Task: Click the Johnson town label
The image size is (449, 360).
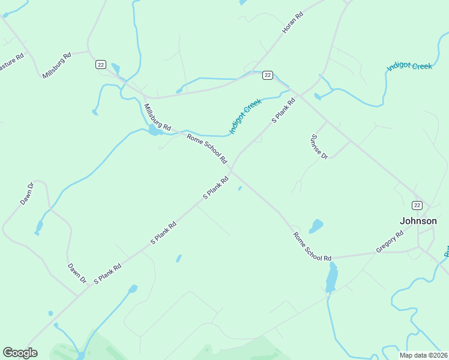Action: pyautogui.click(x=418, y=221)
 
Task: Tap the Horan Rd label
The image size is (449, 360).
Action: pyautogui.click(x=293, y=23)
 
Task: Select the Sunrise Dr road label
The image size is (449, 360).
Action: pyautogui.click(x=319, y=146)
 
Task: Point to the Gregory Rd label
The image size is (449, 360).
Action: pyautogui.click(x=390, y=241)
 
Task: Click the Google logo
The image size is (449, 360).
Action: pyautogui.click(x=20, y=353)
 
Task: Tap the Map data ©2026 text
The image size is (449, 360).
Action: pyautogui.click(x=423, y=355)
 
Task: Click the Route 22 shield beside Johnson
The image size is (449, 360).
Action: pyautogui.click(x=417, y=205)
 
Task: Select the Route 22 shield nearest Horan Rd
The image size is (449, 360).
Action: pyautogui.click(x=268, y=75)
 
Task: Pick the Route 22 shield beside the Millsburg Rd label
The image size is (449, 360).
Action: pyautogui.click(x=100, y=64)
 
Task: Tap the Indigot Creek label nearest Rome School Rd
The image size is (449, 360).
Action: pyautogui.click(x=245, y=116)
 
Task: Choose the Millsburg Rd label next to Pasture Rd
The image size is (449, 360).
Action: pyautogui.click(x=57, y=65)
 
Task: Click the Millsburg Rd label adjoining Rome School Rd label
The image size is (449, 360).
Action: pyautogui.click(x=157, y=117)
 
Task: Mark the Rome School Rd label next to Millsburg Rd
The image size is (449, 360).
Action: pyautogui.click(x=207, y=149)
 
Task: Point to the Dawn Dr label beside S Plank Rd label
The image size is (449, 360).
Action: pyautogui.click(x=77, y=274)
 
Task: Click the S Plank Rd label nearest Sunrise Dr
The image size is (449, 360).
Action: pyautogui.click(x=283, y=111)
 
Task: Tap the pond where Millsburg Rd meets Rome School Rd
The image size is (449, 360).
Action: pyautogui.click(x=155, y=130)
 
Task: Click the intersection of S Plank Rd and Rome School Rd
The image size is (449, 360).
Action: pyautogui.click(x=232, y=172)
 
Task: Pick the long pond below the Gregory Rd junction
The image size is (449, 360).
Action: pyautogui.click(x=331, y=277)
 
